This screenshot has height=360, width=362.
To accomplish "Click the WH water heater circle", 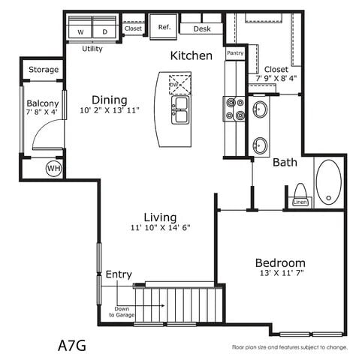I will coord(53,168).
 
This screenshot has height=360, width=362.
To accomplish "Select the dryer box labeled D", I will coord(104,31).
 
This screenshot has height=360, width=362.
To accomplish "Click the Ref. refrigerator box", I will coord(164,27).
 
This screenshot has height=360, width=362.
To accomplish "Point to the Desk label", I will coord(202,29).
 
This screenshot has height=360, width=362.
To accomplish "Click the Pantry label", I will coord(235,53).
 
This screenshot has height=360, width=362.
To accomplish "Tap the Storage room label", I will coord(44,70).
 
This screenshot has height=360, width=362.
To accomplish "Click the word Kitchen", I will coord(191,55).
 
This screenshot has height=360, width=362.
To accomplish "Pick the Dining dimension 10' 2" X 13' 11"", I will coord(110,112).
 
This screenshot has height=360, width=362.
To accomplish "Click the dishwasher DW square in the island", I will coord(179,82).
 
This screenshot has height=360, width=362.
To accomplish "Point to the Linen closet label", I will coord(300,202).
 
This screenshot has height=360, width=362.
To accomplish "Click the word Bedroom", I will coord(280,262).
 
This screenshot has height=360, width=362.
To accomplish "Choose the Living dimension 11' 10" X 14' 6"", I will coord(161,228).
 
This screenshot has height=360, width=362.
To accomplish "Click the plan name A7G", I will coord(72,346).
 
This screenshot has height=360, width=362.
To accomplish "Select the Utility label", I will coord(92,49).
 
